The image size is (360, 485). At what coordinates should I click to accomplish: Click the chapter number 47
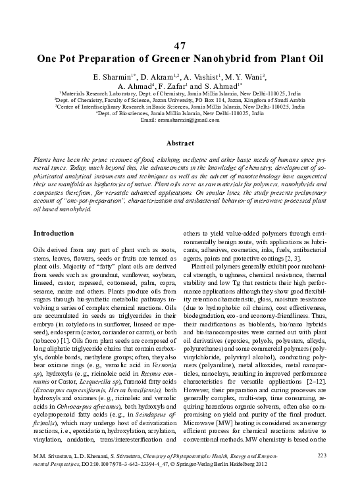pos(180,45)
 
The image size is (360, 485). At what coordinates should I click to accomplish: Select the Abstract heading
pos(180,142)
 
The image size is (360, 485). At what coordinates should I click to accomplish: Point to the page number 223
pos(322,455)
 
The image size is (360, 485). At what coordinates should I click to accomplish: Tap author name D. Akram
pos(153,76)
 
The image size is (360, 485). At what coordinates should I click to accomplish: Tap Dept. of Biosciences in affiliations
pos(124,113)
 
